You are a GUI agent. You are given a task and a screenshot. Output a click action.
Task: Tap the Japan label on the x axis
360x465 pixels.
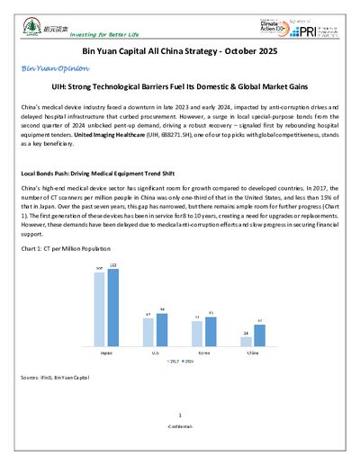point(106,353)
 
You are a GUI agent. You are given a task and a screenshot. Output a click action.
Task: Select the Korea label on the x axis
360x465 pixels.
point(204,353)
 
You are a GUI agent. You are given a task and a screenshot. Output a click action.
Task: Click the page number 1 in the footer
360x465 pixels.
point(180,415)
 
